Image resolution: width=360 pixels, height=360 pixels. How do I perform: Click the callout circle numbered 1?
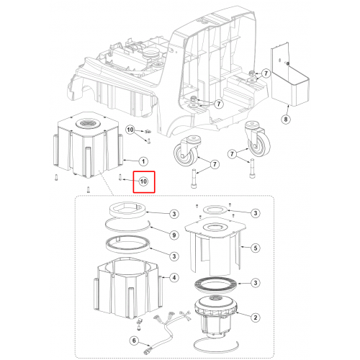point(143,161)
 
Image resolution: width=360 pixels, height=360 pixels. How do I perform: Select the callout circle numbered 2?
point(256,318)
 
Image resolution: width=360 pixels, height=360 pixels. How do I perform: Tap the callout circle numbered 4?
point(174,278)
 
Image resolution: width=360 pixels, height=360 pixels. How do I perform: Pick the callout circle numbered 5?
point(256,248)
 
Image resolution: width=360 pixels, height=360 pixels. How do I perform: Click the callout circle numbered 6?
point(134,341)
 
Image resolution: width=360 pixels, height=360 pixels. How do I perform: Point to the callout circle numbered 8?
point(286,119)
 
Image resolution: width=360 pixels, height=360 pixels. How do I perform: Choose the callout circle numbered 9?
point(174,235)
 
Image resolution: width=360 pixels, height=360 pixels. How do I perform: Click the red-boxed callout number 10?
point(143,181)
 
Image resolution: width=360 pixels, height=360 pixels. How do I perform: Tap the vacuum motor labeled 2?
point(215,317)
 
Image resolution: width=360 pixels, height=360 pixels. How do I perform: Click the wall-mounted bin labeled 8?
point(290,77)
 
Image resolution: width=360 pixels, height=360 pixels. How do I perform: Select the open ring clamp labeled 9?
point(127,226)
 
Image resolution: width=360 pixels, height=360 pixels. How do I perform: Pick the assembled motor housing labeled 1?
point(88,145)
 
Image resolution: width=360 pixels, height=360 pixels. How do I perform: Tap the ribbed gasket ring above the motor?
point(215,285)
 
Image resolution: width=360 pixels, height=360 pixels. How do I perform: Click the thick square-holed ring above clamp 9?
point(127,210)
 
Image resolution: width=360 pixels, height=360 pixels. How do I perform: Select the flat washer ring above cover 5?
point(215,210)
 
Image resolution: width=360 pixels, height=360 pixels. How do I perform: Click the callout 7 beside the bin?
point(266,73)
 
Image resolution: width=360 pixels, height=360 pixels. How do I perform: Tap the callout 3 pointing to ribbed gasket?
point(256,283)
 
